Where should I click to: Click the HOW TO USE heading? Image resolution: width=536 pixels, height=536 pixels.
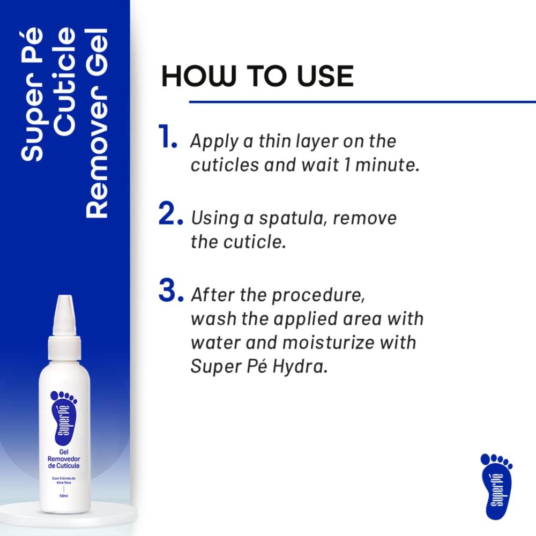pyautogui.click(x=257, y=76)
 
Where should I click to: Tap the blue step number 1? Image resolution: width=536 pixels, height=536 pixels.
pyautogui.click(x=167, y=136)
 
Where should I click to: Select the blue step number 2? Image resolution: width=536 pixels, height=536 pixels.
pyautogui.click(x=170, y=213)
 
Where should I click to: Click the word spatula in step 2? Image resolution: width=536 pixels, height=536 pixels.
pyautogui.click(x=292, y=219)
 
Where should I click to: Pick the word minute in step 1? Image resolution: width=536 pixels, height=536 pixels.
pyautogui.click(x=388, y=165)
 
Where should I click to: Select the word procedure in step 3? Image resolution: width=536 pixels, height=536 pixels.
pyautogui.click(x=318, y=296)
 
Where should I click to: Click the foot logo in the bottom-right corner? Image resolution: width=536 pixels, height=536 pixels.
pyautogui.click(x=497, y=487)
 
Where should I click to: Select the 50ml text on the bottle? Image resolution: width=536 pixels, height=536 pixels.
pyautogui.click(x=64, y=496)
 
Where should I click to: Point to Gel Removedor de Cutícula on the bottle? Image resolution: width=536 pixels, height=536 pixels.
pyautogui.click(x=64, y=459)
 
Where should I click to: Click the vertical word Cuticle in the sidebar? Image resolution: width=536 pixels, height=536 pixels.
pyautogui.click(x=65, y=81)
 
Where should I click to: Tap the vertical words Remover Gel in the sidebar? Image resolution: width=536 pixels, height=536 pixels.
pyautogui.click(x=96, y=123)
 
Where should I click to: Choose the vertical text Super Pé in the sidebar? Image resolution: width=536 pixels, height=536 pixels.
pyautogui.click(x=33, y=94)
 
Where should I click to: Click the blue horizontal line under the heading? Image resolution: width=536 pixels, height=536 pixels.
pyautogui.click(x=362, y=102)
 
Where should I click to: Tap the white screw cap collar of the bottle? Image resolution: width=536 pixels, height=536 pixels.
pyautogui.click(x=64, y=347)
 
